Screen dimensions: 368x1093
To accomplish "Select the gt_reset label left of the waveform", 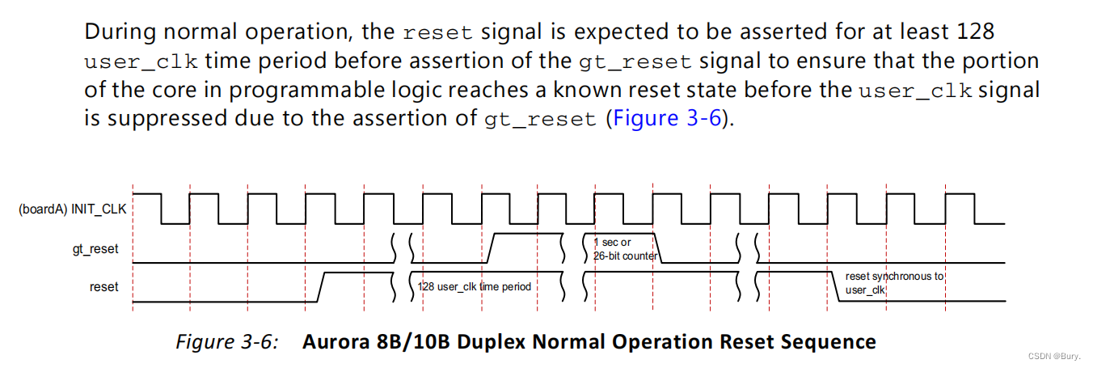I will point(95,249).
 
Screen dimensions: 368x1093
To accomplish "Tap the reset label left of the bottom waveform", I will point(103,286).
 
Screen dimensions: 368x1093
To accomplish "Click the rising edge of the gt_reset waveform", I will point(490,247).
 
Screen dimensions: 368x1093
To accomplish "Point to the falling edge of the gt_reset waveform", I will point(657,247).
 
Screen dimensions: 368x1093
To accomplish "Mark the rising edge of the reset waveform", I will point(320,287).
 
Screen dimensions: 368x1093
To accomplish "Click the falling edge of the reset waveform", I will point(838,287).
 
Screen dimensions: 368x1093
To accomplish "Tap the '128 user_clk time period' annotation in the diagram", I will point(475,286).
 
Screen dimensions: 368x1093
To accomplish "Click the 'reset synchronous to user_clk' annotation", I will point(894,282).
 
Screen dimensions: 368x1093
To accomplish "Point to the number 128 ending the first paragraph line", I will point(973,33).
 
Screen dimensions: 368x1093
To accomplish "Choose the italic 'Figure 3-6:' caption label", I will point(227,341).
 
